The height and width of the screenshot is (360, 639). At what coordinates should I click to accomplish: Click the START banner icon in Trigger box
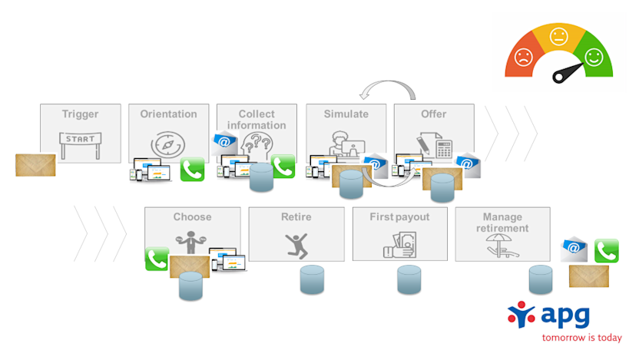point(80,140)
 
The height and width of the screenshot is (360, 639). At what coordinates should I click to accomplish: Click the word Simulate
point(346,114)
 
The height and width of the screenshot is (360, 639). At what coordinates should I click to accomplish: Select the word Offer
point(433,114)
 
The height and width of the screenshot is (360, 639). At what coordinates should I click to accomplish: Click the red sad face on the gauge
point(523,58)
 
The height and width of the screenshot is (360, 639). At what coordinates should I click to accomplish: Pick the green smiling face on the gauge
point(594,56)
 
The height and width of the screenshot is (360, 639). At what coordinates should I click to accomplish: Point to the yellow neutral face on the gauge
point(558,35)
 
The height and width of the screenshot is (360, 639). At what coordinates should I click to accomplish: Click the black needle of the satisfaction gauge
point(568,73)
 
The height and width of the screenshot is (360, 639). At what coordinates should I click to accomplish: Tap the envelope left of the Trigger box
point(35,165)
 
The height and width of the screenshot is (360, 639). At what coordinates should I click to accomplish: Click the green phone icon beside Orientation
point(192,170)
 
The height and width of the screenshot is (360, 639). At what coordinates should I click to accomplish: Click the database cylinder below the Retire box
point(312,280)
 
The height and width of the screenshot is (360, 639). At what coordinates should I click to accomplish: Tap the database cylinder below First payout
point(409,280)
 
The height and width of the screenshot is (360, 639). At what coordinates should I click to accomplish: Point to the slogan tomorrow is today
point(581,337)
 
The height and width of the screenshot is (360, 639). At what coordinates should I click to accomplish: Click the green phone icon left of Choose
point(157,259)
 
